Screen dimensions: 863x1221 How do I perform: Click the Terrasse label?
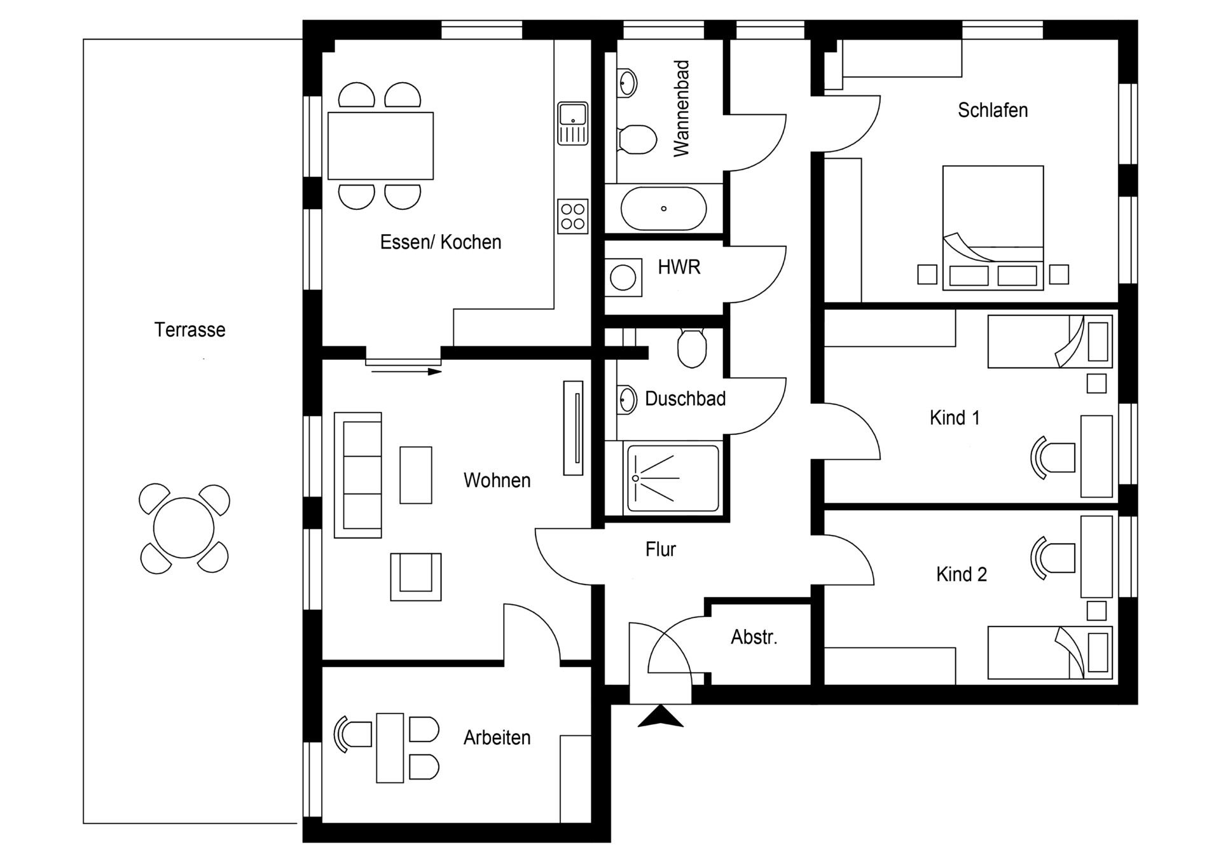(190, 329)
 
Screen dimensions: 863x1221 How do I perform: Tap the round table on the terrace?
(184, 528)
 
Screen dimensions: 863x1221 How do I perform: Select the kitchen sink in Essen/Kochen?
(572, 123)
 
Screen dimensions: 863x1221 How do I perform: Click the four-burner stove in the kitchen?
(572, 216)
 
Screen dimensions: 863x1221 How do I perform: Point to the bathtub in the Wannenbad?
(663, 209)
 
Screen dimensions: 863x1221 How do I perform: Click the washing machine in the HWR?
(623, 278)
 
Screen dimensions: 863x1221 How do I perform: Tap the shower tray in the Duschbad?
(673, 478)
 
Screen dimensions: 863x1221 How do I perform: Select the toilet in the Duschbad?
(692, 349)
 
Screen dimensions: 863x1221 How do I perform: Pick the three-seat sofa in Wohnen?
(358, 474)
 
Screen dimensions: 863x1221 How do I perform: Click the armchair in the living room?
(415, 576)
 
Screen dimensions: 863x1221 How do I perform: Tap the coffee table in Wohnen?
(416, 475)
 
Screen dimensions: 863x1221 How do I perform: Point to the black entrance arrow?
(660, 717)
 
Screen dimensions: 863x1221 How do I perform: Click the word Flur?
(660, 549)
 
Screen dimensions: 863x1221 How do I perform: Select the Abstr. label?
(754, 637)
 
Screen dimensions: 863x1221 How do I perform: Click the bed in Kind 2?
(1049, 652)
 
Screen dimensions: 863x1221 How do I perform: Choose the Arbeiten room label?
(497, 738)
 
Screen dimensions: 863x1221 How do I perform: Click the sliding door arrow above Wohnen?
(407, 371)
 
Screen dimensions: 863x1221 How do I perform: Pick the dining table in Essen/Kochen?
(380, 146)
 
